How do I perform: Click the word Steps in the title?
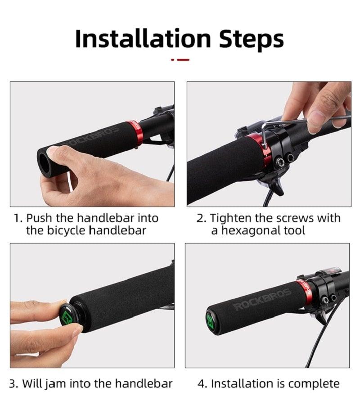tap(252, 40)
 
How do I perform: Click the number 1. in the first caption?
tap(18, 218)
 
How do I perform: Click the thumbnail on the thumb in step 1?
tap(53, 152)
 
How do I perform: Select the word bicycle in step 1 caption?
tap(66, 231)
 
